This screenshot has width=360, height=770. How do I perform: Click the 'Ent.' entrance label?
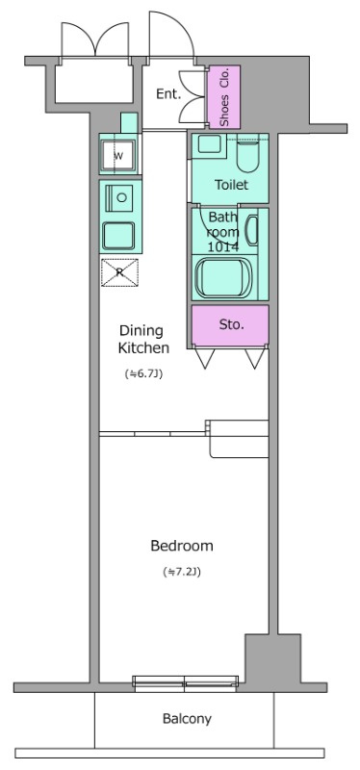pos(167,93)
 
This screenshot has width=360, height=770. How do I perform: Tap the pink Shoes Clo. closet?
pos(224,97)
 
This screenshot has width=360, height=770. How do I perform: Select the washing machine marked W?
pos(118,155)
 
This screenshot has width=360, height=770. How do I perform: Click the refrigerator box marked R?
pos(119,272)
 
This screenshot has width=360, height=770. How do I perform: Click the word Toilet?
pos(231,185)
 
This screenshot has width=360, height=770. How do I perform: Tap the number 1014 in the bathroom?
pos(223,246)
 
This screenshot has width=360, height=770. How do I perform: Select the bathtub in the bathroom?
pos(223,278)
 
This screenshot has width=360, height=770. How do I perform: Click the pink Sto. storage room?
pos(230,325)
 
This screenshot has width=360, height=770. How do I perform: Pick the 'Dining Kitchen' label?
pos(143,340)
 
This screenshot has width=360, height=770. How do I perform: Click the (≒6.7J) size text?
pos(143,374)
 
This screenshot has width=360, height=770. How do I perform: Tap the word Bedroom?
pos(182,546)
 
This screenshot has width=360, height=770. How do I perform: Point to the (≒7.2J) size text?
pos(182,572)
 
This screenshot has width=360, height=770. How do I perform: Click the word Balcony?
pos(187,719)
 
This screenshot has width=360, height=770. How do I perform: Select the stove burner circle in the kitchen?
pos(122,197)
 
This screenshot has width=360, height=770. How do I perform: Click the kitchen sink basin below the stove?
pos(118,235)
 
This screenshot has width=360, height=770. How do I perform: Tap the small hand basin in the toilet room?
pos(209,143)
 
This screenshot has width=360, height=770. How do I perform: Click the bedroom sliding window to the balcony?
pos(186,683)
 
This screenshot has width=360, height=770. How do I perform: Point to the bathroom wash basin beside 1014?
pos(251,230)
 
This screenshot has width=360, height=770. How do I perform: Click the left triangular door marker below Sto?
pos(205,358)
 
